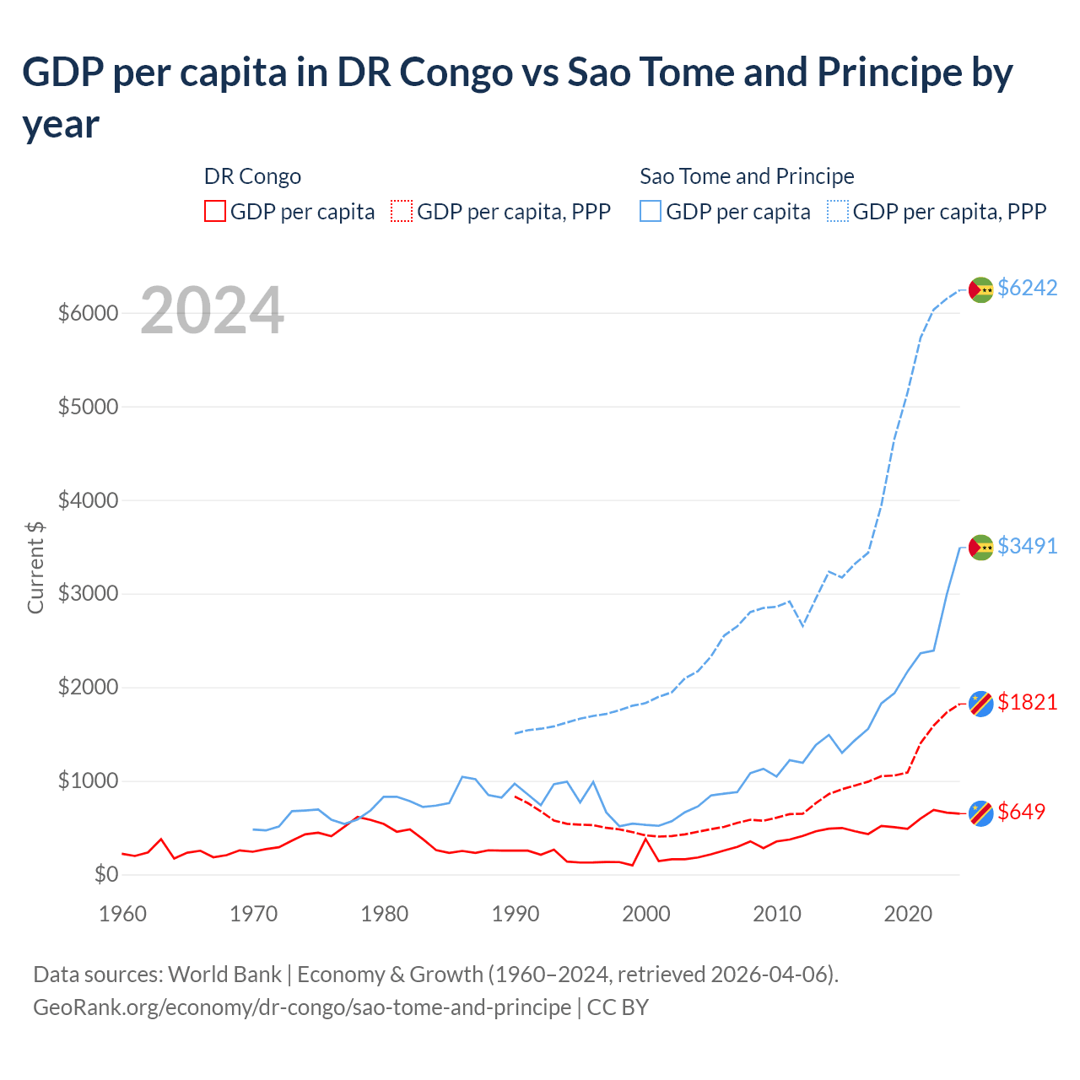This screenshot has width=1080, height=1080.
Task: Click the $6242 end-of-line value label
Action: point(1027,288)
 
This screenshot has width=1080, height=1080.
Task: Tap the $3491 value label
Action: point(1027,546)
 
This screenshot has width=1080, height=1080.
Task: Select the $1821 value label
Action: point(1027,702)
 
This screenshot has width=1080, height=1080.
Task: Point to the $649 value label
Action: point(1021,812)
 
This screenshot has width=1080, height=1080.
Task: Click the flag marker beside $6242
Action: point(980,289)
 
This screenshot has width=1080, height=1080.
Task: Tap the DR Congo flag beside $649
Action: point(980,813)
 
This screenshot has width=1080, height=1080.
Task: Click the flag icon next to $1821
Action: point(980,703)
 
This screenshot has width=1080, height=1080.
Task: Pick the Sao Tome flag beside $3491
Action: point(980,548)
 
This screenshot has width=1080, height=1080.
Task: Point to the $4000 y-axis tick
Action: point(88,500)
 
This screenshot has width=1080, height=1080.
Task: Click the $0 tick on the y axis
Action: point(105,874)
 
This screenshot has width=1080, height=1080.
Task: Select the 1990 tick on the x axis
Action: point(516,914)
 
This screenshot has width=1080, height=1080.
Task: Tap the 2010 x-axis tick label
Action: point(777,914)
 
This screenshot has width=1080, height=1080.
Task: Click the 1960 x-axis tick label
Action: point(123,914)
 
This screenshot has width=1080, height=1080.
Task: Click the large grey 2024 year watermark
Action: point(212,310)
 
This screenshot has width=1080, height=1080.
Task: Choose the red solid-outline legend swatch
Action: point(215,211)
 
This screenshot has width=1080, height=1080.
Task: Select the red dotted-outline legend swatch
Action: point(402,211)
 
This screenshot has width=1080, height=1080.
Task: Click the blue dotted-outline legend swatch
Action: point(838,211)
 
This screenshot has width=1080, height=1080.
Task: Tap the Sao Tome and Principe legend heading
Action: point(747,176)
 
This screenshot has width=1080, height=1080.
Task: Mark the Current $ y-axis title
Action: point(35,567)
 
